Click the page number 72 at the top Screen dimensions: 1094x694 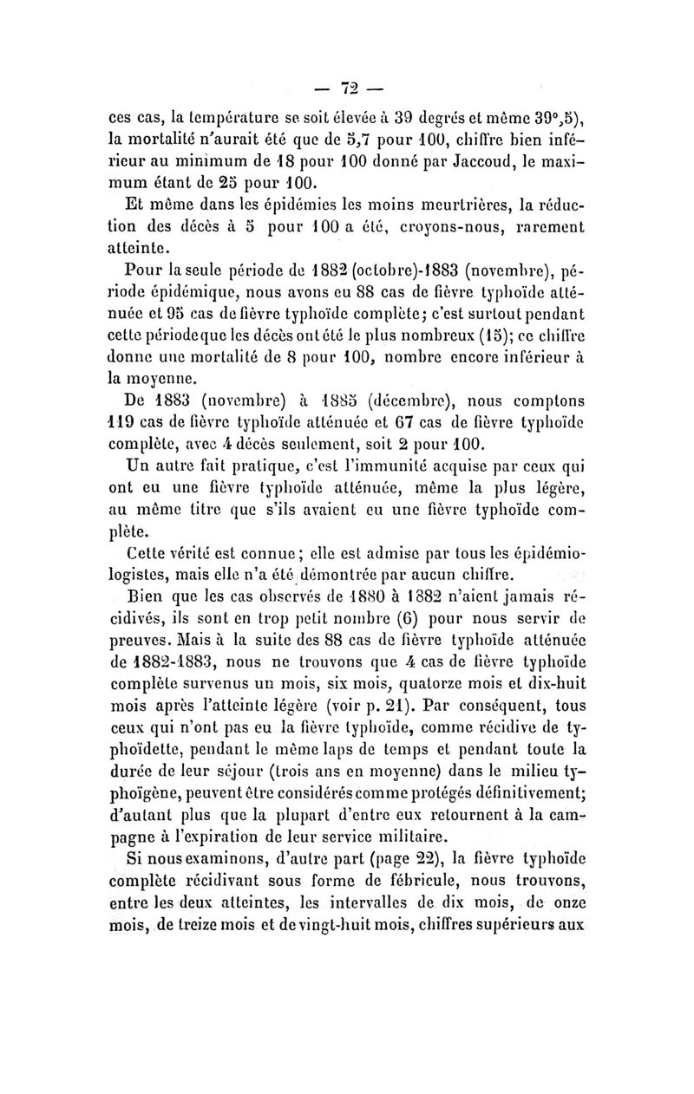[349, 88]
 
